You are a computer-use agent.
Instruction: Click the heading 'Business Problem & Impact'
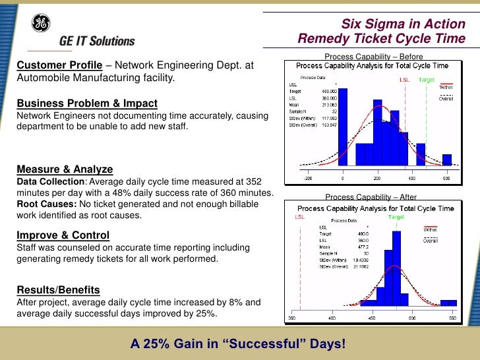87,104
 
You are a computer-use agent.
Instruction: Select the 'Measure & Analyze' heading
65,169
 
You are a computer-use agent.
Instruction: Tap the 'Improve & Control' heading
63,235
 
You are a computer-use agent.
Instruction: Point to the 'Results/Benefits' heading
58,289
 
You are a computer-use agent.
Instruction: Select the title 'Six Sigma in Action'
407,24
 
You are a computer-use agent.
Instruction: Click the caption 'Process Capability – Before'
369,57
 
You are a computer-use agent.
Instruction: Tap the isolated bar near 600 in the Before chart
446,160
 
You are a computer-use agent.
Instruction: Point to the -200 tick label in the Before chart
308,179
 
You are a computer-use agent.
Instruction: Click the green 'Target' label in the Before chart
427,79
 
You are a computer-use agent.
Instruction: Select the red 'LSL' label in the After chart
300,216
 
